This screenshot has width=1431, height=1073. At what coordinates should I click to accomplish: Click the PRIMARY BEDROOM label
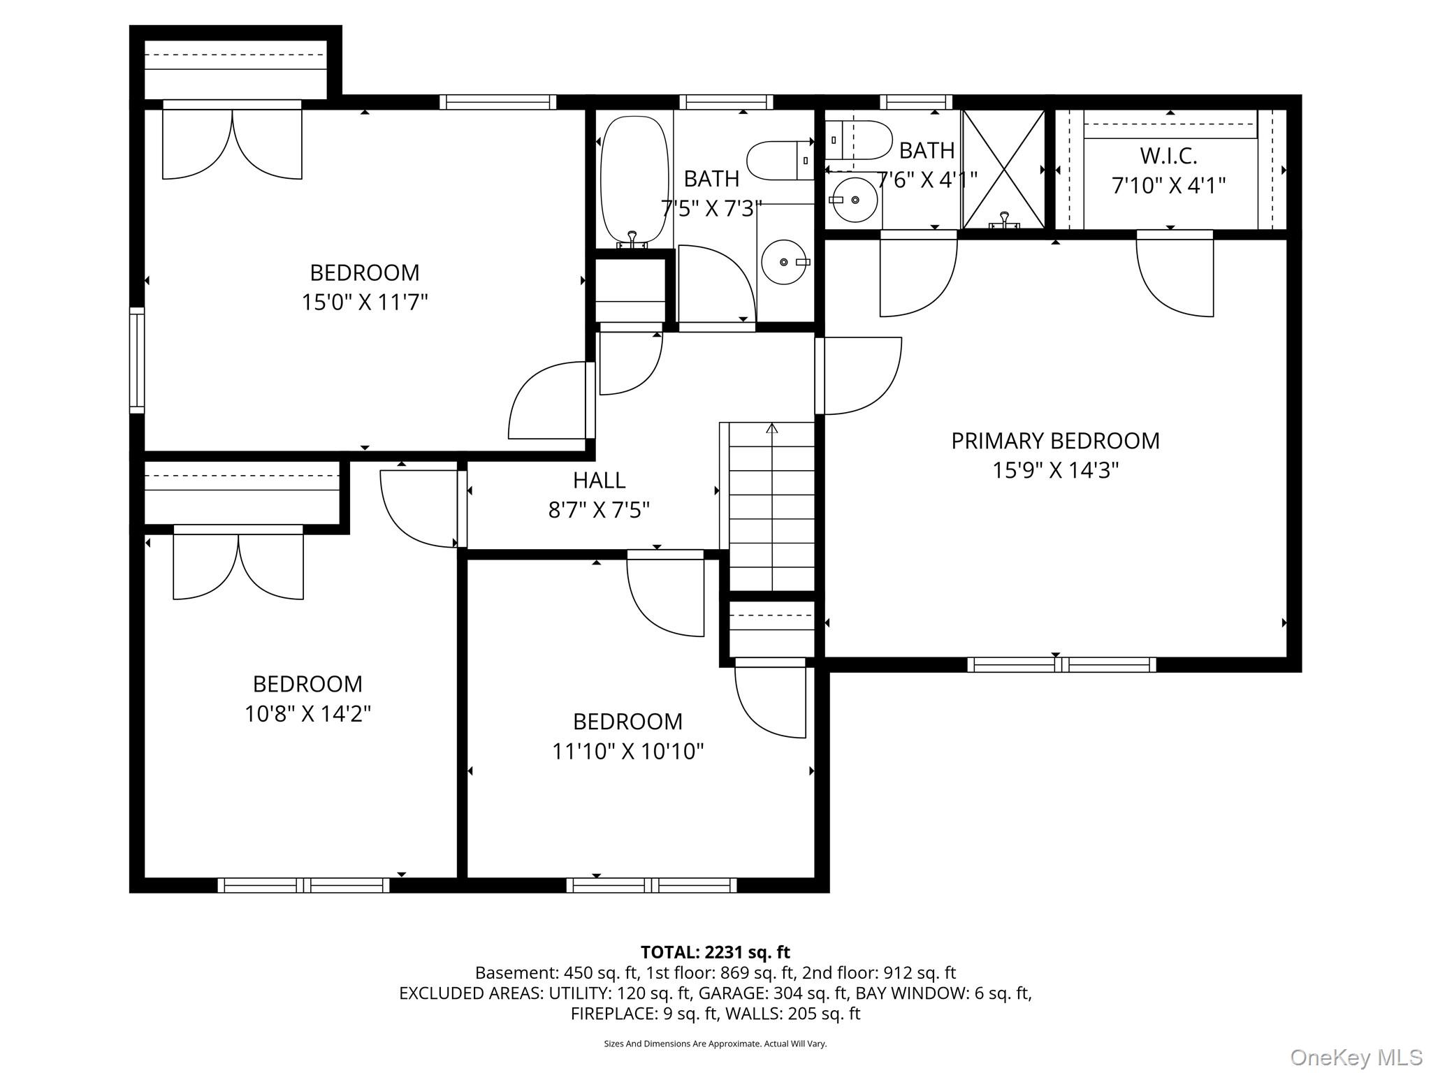[1055, 441]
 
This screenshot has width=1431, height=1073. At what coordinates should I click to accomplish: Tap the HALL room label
[599, 480]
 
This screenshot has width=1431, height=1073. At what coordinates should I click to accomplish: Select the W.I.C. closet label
[1168, 155]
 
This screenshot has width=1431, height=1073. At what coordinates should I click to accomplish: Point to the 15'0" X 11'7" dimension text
[364, 302]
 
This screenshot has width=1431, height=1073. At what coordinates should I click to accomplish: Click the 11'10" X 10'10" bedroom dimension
[627, 752]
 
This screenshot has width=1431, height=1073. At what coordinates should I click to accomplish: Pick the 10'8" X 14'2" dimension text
[307, 714]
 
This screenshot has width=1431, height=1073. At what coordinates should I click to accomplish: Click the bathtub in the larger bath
[634, 181]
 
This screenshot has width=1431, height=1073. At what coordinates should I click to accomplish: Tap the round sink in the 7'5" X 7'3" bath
[784, 261]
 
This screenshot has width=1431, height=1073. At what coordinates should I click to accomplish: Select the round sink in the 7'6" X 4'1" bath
[855, 200]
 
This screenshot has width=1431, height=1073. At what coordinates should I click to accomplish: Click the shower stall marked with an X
[1003, 169]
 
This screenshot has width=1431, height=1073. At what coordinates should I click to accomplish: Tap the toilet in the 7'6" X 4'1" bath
[859, 140]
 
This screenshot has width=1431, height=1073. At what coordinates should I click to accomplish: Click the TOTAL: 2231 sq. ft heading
[715, 952]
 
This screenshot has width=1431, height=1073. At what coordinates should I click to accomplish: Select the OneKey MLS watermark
[1356, 1057]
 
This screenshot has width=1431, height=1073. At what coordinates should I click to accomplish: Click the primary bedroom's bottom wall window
[1061, 664]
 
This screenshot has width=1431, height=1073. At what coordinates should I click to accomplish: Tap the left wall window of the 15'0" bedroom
[137, 360]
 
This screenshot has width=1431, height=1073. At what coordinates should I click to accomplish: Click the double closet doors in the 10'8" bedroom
[238, 563]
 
